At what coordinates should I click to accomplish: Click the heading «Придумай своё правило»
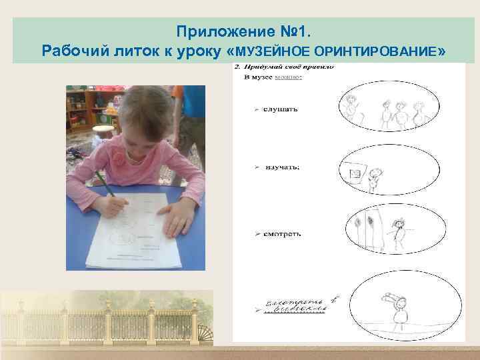pyautogui.click(x=291, y=67)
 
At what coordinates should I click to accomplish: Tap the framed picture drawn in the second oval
pyautogui.click(x=355, y=174)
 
